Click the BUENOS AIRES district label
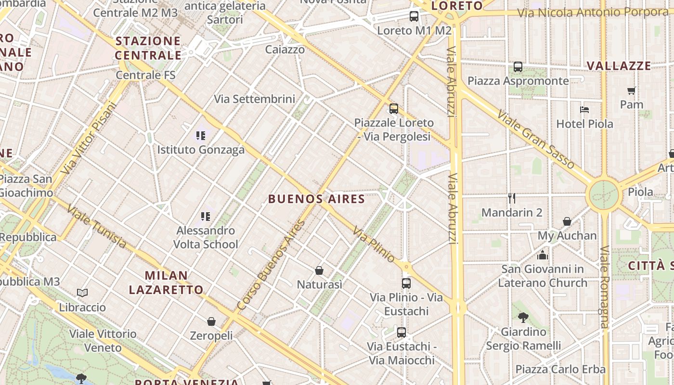[x=316, y=199]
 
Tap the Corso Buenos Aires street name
[x=272, y=265]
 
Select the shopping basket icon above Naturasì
[x=319, y=271]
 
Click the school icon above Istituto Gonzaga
[x=201, y=136]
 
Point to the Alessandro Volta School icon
[x=206, y=217]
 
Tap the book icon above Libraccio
[x=82, y=293]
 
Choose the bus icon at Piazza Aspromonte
[x=518, y=67]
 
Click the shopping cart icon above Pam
[x=632, y=90]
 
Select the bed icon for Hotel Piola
[x=584, y=110]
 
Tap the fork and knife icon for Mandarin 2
[x=512, y=198]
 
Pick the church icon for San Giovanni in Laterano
[x=543, y=255]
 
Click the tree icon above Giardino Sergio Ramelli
[x=523, y=318]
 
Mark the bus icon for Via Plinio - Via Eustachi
[x=406, y=283]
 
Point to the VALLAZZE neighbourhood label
[x=619, y=66]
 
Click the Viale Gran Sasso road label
[x=535, y=140]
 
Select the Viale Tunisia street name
[x=97, y=227]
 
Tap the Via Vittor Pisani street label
[x=90, y=139]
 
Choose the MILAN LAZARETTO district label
[x=166, y=282]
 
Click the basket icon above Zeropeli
[x=211, y=321]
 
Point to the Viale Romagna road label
[x=604, y=287]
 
